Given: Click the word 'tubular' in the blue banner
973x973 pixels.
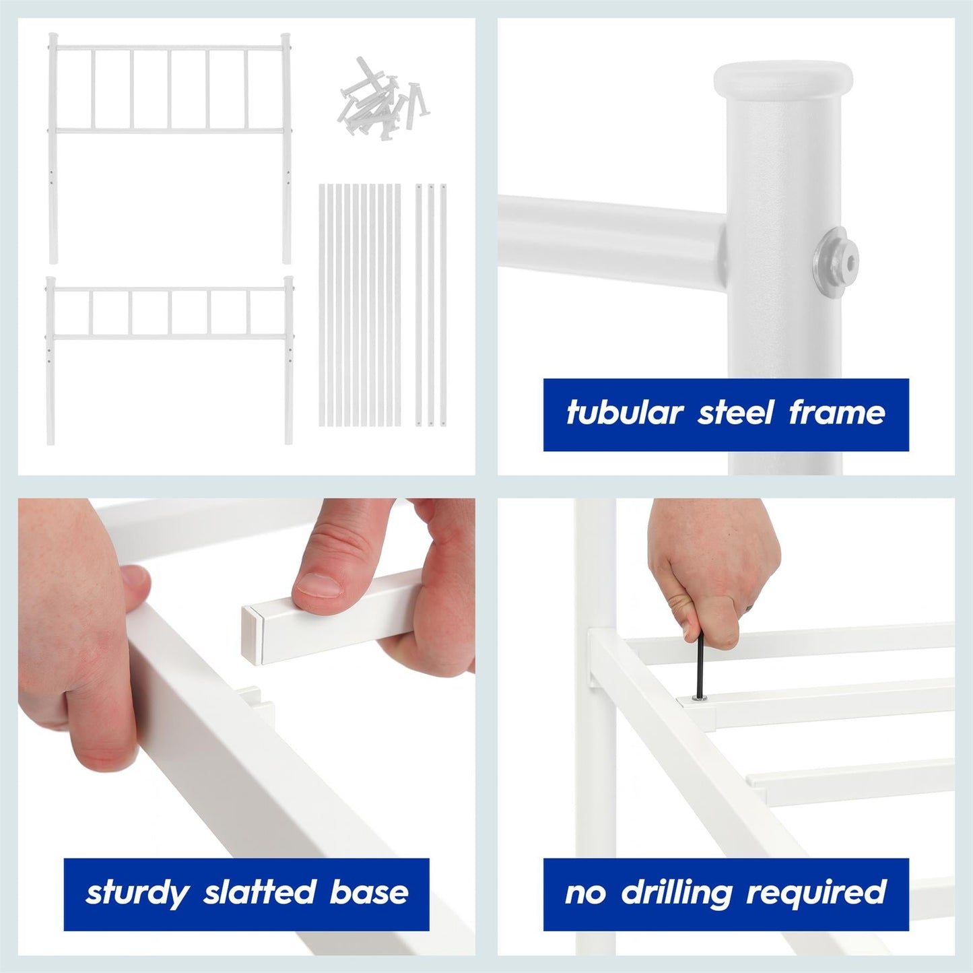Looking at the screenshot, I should (x=624, y=413).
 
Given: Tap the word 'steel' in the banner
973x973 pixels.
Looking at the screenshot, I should (x=735, y=413).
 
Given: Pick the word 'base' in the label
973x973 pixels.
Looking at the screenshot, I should (x=369, y=893).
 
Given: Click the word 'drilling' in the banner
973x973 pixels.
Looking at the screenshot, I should (x=676, y=893).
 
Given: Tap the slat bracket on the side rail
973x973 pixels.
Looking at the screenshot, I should (x=256, y=707).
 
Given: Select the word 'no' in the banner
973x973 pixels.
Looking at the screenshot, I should (x=585, y=893).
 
